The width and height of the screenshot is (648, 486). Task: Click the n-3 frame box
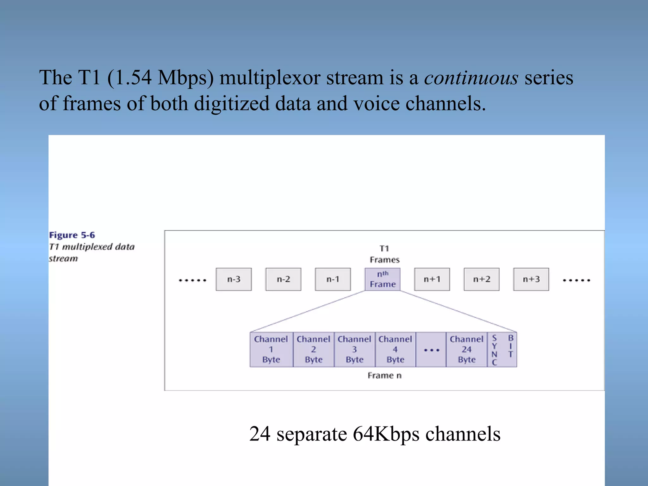(x=234, y=279)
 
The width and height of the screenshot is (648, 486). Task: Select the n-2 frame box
(x=283, y=279)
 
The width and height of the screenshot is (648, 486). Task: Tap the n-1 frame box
(x=333, y=279)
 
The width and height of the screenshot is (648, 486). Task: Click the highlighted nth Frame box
(x=383, y=279)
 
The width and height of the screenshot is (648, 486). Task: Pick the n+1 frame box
(x=432, y=279)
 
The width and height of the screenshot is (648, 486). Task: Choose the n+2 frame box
(x=482, y=279)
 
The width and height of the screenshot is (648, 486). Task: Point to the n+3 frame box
(x=531, y=279)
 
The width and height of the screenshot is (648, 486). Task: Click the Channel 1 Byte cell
(x=271, y=349)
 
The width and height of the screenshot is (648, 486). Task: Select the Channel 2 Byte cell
(x=314, y=349)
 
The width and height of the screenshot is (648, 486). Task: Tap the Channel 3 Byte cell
(x=354, y=349)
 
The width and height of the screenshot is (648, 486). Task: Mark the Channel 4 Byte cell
(x=395, y=349)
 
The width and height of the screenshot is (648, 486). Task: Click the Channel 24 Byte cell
(x=466, y=349)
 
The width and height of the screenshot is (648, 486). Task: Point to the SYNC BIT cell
(x=502, y=349)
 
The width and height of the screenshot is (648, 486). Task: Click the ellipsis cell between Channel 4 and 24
(x=431, y=350)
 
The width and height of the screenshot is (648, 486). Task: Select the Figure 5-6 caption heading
(x=72, y=235)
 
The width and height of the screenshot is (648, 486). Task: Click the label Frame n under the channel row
(x=384, y=376)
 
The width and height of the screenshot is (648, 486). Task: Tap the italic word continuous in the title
(x=471, y=78)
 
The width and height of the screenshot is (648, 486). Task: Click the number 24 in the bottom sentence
(x=260, y=434)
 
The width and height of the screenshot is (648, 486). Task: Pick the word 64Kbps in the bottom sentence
(x=386, y=434)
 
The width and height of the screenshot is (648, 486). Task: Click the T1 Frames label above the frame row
(x=384, y=254)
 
